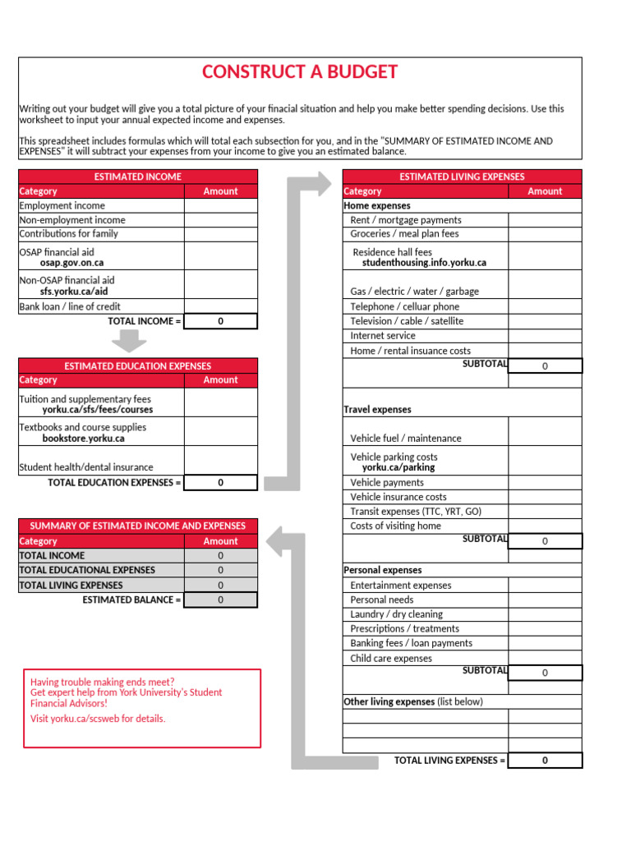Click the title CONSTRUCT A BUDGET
[300, 72]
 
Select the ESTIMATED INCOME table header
[138, 177]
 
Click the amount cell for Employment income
[220, 206]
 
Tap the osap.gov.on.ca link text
[71, 263]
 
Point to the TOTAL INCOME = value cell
[220, 321]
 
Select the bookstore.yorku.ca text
[83, 439]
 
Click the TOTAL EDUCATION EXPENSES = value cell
[220, 483]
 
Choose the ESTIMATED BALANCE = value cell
[220, 600]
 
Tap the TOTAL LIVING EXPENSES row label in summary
[71, 586]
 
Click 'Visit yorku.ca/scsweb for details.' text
[98, 719]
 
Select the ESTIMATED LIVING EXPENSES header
[462, 177]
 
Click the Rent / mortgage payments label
[406, 220]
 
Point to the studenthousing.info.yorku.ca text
[424, 263]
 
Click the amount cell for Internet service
[545, 336]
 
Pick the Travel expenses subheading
[377, 410]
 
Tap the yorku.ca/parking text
[398, 467]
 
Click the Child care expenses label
[390, 659]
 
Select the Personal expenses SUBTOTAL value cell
[545, 673]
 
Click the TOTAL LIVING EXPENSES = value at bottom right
[545, 761]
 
